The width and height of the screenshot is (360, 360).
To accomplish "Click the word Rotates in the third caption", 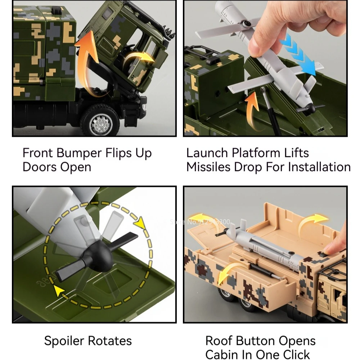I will pos(111,341).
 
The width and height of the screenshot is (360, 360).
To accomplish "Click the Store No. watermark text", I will pos(199,222).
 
